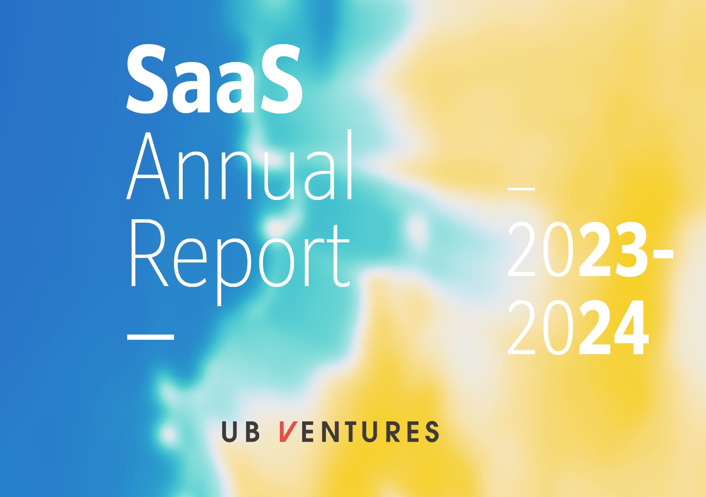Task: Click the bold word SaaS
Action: [x=214, y=79]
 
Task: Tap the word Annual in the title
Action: [x=240, y=166]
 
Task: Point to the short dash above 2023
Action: [x=521, y=189]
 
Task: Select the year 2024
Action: [x=578, y=328]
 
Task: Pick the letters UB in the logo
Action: [x=241, y=431]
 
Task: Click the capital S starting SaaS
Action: [x=146, y=79]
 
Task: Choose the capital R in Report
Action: [x=149, y=254]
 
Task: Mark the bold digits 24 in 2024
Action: [x=613, y=328]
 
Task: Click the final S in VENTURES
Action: [x=431, y=431]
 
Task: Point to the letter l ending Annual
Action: [x=349, y=165]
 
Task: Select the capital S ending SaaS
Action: [x=282, y=79]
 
